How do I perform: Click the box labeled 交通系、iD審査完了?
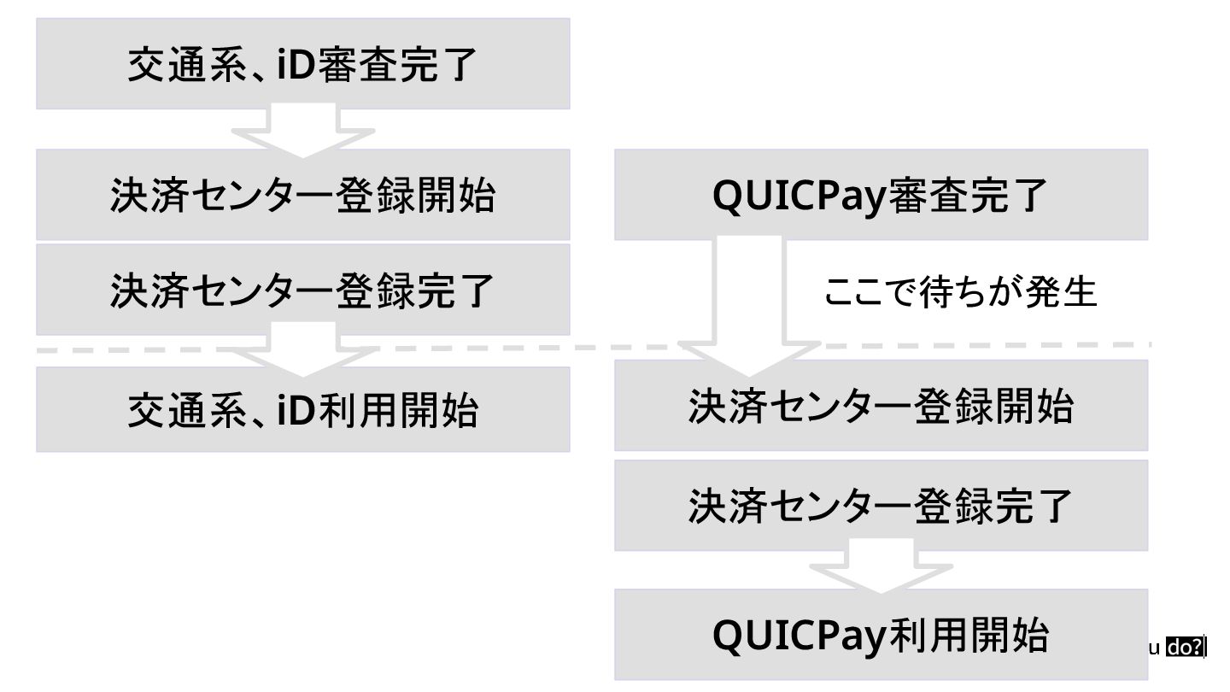pyautogui.click(x=302, y=64)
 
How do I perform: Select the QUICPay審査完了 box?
pyautogui.click(x=881, y=195)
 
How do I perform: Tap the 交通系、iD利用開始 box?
pyautogui.click(x=302, y=409)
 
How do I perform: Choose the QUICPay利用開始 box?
pyautogui.click(x=881, y=635)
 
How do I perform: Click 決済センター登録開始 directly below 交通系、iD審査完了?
pyautogui.click(x=302, y=195)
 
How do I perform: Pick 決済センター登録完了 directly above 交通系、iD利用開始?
pyautogui.click(x=302, y=290)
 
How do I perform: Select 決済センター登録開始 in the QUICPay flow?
pyautogui.click(x=881, y=405)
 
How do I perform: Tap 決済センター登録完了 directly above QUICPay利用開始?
pyautogui.click(x=881, y=506)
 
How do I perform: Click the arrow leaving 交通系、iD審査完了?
pyautogui.click(x=302, y=132)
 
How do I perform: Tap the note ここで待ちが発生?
pyautogui.click(x=959, y=292)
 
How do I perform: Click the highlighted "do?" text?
pyautogui.click(x=1186, y=648)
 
